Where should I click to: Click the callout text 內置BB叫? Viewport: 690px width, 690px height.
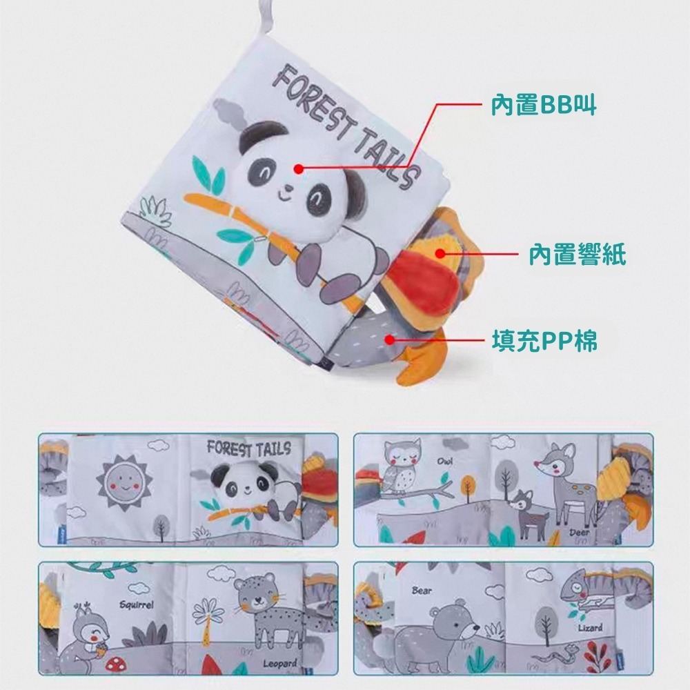point(543,105)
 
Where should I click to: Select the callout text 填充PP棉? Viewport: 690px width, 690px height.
point(544,340)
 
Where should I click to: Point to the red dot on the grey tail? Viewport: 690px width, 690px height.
point(390,339)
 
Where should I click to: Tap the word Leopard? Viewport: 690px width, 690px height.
point(279,664)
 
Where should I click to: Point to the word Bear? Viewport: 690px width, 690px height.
point(422,591)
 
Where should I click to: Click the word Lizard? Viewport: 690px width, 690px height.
point(591,628)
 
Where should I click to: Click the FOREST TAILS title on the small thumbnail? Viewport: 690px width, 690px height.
point(249,449)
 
